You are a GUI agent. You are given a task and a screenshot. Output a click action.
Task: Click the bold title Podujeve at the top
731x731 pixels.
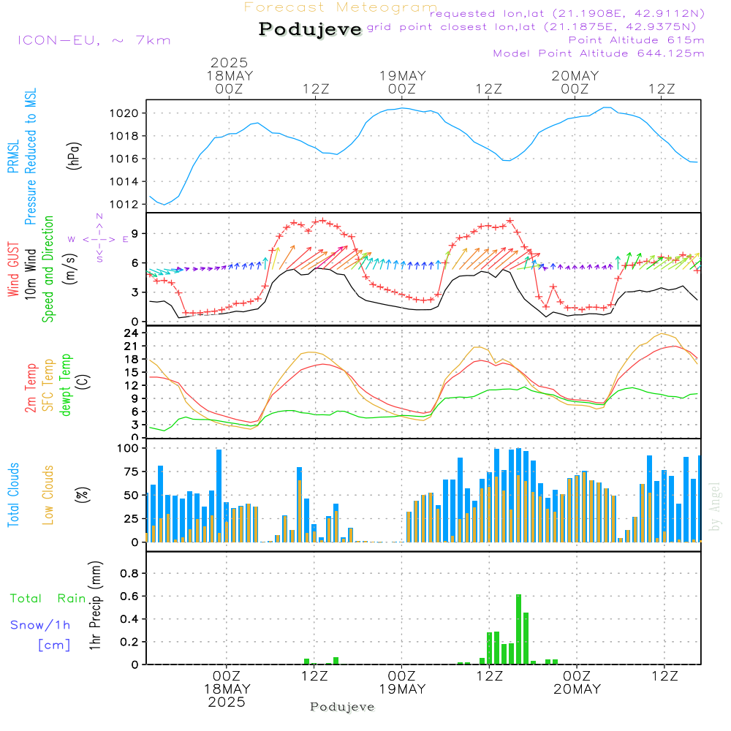coord(310,29)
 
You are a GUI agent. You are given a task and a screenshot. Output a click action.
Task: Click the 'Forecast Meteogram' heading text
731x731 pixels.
coord(341,7)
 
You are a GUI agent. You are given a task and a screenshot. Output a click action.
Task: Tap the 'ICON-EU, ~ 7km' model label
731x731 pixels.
coord(94,40)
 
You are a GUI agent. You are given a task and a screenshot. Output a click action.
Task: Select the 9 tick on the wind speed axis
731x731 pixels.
coord(135,233)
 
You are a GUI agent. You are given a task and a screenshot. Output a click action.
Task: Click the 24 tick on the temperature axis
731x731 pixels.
coord(132,333)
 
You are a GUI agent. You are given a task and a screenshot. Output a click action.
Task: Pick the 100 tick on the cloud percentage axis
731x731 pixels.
coord(128,447)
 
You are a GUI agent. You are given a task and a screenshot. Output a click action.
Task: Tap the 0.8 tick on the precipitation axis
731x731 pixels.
coord(129,573)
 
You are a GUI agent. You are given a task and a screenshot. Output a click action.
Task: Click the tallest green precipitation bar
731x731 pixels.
coord(518,629)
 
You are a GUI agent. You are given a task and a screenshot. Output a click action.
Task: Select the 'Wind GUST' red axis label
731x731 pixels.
coord(14,270)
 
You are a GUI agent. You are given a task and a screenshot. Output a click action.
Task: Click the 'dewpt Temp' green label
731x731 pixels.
coord(66,385)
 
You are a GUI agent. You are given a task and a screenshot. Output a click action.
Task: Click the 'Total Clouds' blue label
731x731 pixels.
coord(14,495)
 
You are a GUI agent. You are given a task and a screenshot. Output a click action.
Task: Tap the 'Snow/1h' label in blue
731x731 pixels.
coord(40,625)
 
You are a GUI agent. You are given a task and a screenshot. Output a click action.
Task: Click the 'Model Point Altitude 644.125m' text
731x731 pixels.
coord(599,53)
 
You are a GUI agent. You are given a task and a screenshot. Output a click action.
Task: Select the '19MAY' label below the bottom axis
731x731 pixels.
coord(402,689)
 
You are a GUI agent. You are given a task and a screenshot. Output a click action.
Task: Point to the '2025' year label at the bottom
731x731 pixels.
coord(227,702)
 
